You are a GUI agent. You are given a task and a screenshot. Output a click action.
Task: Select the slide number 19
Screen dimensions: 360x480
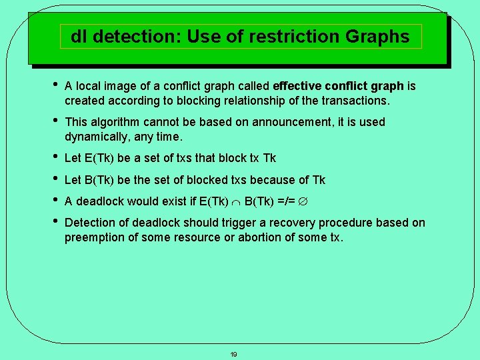point(233,354)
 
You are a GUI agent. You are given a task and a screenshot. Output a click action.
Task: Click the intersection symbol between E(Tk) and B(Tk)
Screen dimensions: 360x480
point(237,201)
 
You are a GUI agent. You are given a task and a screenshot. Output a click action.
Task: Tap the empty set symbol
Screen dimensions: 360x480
point(301,201)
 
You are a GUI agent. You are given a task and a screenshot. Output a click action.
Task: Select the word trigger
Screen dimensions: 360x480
point(253,223)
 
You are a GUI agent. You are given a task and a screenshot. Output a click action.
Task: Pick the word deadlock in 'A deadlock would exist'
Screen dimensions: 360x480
point(99,201)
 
